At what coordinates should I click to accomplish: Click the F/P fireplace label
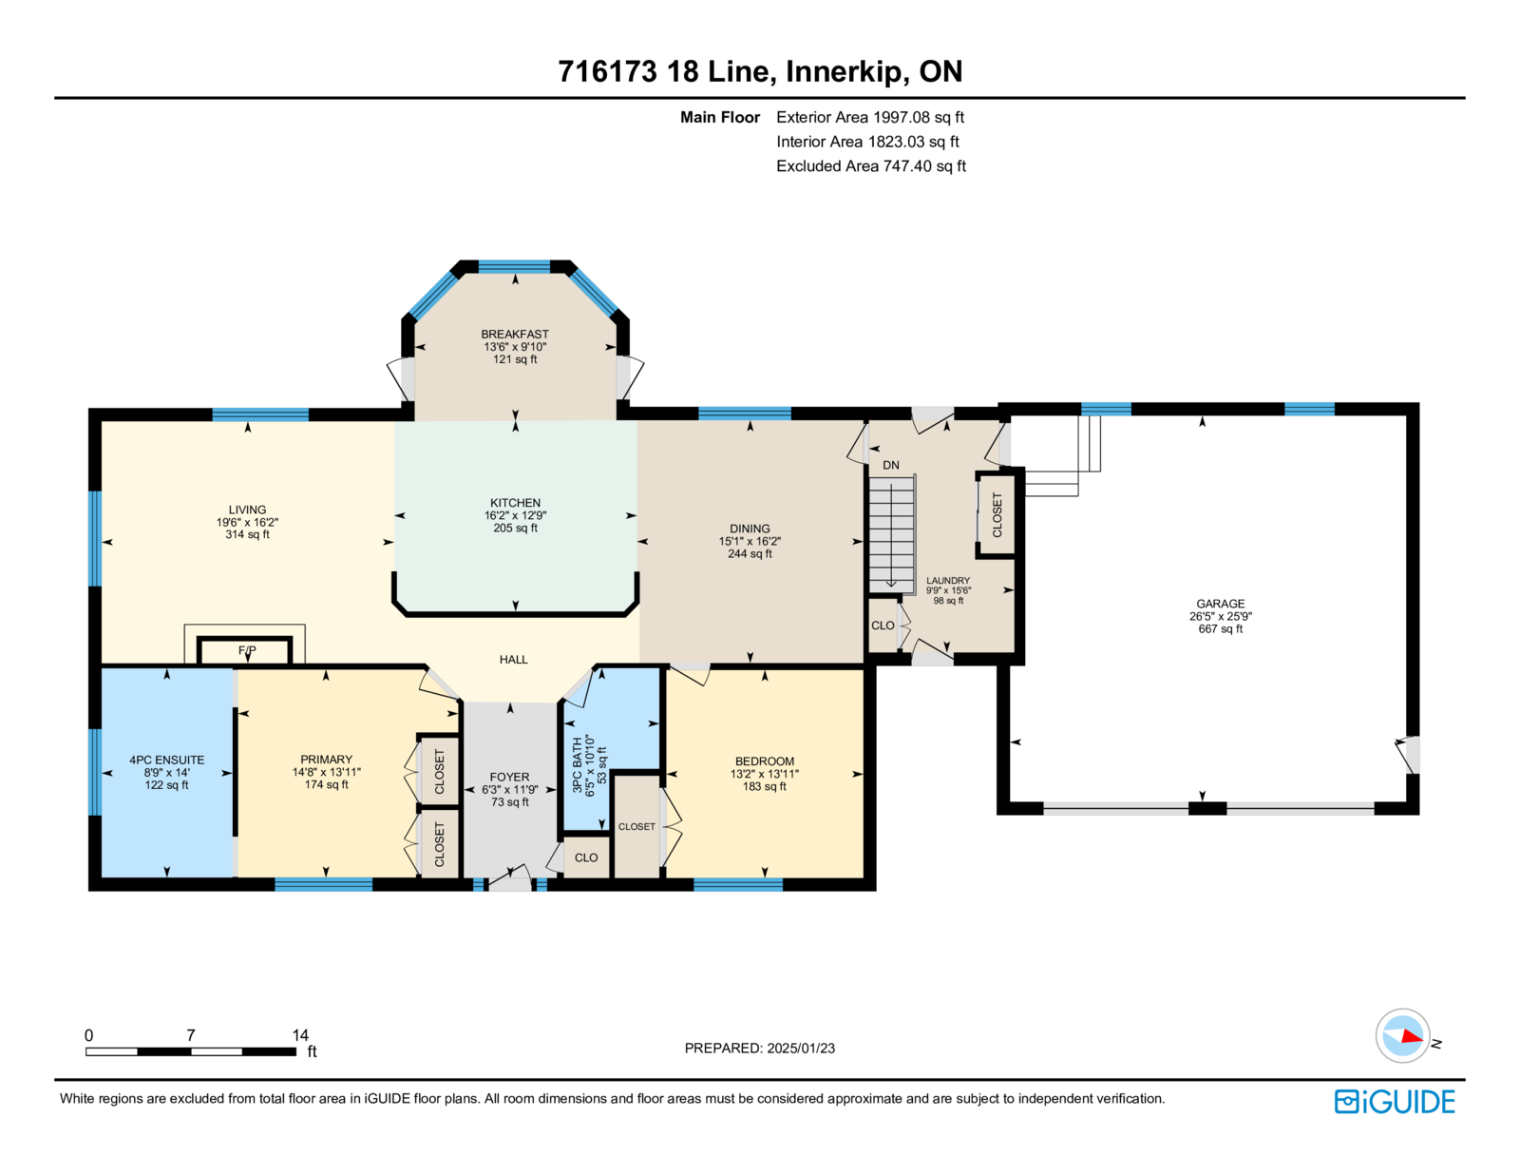click(247, 651)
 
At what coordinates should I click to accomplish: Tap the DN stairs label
click(890, 466)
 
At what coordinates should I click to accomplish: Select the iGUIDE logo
click(1394, 1102)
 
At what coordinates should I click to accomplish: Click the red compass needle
click(1412, 1036)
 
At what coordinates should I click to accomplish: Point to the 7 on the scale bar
click(190, 1034)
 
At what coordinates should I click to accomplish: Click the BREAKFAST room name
click(514, 335)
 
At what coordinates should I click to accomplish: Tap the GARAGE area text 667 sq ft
click(1220, 628)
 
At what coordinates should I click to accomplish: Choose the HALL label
click(513, 659)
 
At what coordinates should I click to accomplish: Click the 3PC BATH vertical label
click(577, 764)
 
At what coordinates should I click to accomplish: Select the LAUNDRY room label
click(948, 580)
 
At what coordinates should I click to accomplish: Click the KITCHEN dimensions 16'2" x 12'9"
click(515, 515)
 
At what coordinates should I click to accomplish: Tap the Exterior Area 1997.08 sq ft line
click(869, 117)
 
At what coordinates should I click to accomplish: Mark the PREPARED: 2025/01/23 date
click(760, 1048)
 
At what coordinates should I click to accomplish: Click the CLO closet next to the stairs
click(883, 625)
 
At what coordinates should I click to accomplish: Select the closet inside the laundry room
click(997, 515)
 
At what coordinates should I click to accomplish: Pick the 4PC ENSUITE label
click(166, 760)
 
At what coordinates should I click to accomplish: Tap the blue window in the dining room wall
click(744, 413)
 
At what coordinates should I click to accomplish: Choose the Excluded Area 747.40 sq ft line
click(871, 165)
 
